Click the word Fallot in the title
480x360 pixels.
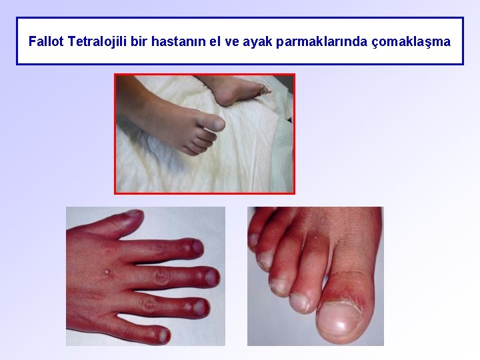[x=47, y=41]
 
